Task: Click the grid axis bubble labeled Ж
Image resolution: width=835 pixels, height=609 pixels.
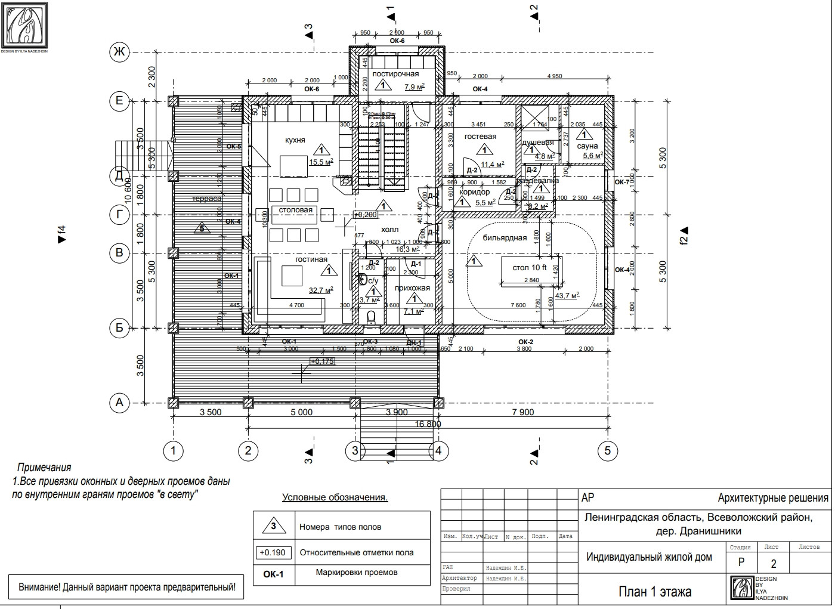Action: click(x=119, y=52)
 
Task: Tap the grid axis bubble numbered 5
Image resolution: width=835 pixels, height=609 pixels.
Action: click(x=608, y=450)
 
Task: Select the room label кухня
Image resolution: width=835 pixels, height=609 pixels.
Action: click(x=295, y=140)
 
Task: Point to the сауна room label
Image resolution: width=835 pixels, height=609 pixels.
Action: click(x=587, y=146)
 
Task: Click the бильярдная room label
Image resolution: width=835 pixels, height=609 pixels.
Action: click(x=505, y=238)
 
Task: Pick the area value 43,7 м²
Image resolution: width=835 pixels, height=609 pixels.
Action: click(x=567, y=296)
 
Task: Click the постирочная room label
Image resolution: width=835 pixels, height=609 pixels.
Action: click(x=395, y=74)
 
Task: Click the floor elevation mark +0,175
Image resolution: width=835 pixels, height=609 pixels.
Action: click(x=322, y=361)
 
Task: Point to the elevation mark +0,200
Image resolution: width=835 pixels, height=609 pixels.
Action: click(x=365, y=214)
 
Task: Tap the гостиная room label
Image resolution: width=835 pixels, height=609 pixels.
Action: click(x=311, y=259)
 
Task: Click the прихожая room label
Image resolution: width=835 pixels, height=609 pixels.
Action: click(x=412, y=288)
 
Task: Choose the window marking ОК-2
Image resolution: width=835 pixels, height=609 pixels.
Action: click(x=525, y=341)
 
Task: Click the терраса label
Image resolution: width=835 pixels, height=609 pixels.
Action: click(x=206, y=199)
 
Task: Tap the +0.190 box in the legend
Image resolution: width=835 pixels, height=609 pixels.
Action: click(x=273, y=552)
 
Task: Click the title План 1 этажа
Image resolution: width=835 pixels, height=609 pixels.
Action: click(x=655, y=591)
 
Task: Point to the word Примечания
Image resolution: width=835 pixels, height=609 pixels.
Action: click(x=44, y=468)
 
